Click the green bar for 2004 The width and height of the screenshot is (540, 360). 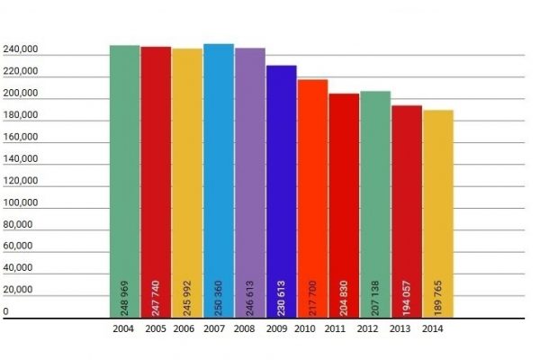124,180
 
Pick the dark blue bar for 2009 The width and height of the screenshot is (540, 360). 281,180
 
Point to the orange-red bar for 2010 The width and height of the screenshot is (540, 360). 312,189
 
